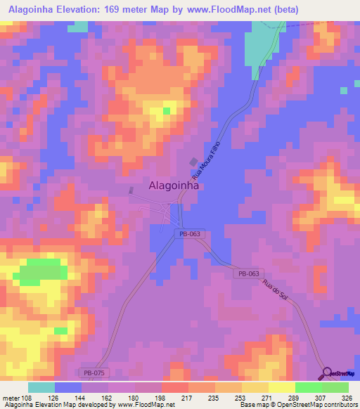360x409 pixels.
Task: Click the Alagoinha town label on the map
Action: (x=174, y=186)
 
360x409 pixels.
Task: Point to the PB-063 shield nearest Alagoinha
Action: (x=188, y=233)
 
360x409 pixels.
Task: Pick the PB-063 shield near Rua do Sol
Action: (x=248, y=274)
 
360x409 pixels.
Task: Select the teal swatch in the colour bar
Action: (x=41, y=387)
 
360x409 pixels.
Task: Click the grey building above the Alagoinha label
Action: (x=194, y=162)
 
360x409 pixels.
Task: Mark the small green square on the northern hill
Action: (x=167, y=111)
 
